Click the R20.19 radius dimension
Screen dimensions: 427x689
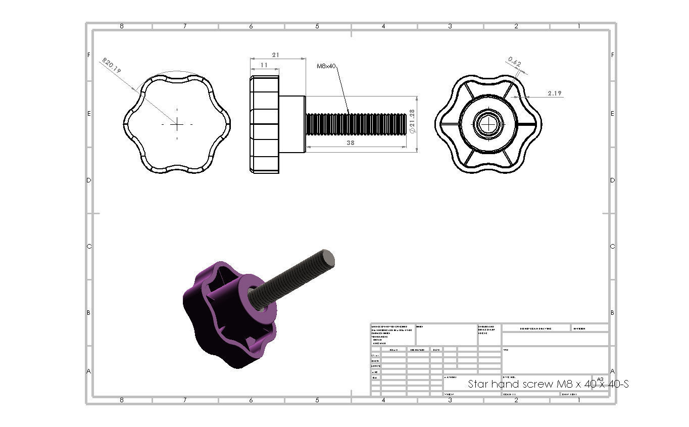click(x=112, y=66)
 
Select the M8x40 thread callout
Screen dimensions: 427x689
click(x=326, y=66)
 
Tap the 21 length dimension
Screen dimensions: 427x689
click(x=276, y=55)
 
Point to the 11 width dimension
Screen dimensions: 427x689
click(x=264, y=65)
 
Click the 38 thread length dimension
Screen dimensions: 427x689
click(x=351, y=143)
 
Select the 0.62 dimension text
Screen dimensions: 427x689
click(x=515, y=62)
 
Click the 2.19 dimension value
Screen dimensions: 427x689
click(x=554, y=93)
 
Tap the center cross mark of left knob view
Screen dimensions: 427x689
click(x=177, y=124)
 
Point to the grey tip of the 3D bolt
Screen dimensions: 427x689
click(x=328, y=258)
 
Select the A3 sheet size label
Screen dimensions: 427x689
click(x=600, y=379)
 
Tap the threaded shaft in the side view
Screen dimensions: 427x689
click(x=356, y=124)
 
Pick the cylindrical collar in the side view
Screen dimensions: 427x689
click(x=291, y=124)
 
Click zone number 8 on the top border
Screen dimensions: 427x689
click(x=121, y=26)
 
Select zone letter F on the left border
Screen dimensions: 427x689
click(x=89, y=55)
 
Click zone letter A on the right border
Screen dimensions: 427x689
click(x=612, y=371)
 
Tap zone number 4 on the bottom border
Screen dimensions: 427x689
click(x=383, y=400)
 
